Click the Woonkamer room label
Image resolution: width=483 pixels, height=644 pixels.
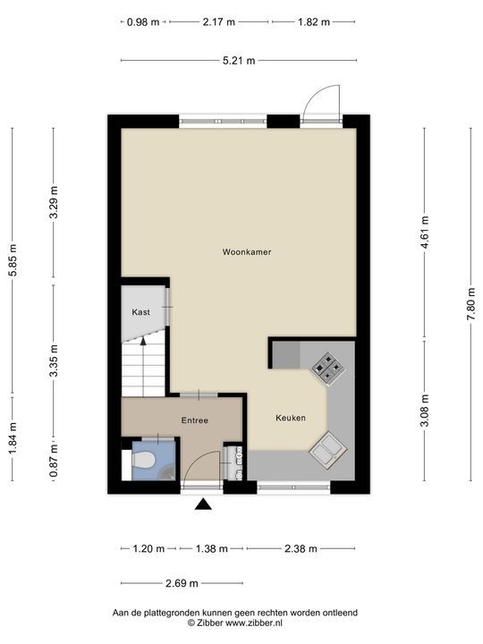coord(247,252)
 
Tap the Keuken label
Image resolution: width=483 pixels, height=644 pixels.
coord(291,418)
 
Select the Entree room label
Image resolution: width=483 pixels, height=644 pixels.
coord(194,419)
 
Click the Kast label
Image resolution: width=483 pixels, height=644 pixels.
coord(140,312)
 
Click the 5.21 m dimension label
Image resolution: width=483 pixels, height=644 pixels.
coord(238,61)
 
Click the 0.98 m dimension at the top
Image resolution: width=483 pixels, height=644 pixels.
coord(142,21)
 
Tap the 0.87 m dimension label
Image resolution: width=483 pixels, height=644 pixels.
coord(54,466)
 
